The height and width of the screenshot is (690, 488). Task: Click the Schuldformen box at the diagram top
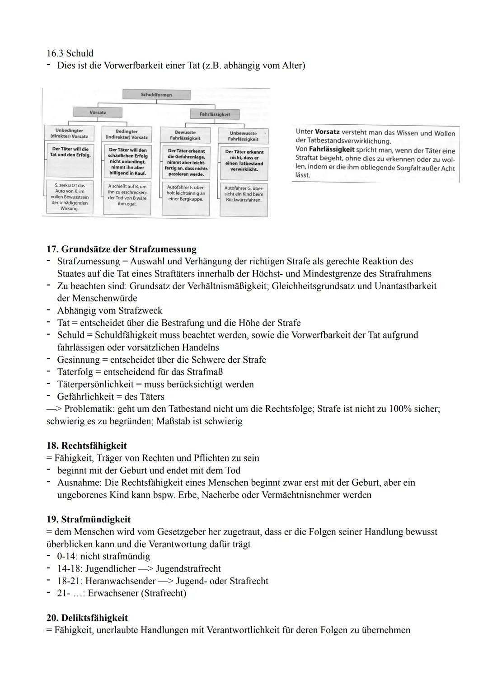pyautogui.click(x=156, y=95)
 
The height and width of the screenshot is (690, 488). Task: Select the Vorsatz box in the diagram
pyautogui.click(x=98, y=112)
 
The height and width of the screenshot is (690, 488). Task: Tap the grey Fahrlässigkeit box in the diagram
pyautogui.click(x=215, y=114)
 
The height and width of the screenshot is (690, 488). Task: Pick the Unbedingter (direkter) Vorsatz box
pyautogui.click(x=69, y=133)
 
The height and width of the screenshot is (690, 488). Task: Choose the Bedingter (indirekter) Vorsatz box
pyautogui.click(x=127, y=134)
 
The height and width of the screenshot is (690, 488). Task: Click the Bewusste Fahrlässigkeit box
pyautogui.click(x=185, y=135)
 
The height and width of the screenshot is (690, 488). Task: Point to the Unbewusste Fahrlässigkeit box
pyautogui.click(x=243, y=136)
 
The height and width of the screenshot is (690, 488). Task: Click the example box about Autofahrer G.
pyautogui.click(x=244, y=194)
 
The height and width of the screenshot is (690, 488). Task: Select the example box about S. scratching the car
pyautogui.click(x=69, y=197)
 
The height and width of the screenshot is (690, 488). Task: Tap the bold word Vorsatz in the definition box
pyautogui.click(x=327, y=132)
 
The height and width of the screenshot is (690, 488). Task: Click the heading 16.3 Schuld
pyautogui.click(x=70, y=53)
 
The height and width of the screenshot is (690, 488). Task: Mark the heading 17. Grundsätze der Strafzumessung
pyautogui.click(x=122, y=249)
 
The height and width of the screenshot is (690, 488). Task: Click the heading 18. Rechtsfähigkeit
pyautogui.click(x=87, y=446)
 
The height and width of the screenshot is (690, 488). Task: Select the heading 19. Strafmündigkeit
pyautogui.click(x=89, y=519)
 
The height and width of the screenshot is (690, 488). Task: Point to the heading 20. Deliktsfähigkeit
pyautogui.click(x=87, y=618)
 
